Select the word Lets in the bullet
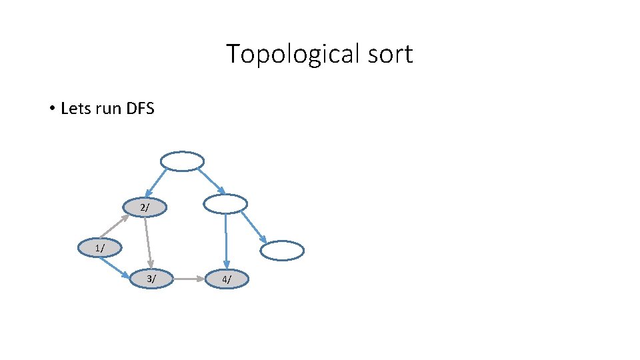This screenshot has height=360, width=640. (75, 108)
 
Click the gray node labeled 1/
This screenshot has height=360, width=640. (99, 247)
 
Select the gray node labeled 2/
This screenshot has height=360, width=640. (145, 207)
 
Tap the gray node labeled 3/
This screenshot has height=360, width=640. (152, 279)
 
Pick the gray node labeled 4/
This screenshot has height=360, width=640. (227, 279)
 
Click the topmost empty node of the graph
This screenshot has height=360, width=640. (182, 161)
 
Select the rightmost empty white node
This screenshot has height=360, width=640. (281, 251)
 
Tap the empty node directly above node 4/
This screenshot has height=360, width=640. (225, 204)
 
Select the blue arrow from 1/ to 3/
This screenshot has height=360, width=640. (113, 267)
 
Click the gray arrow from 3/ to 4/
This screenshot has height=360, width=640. (189, 279)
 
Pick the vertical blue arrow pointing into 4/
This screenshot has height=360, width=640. (226, 240)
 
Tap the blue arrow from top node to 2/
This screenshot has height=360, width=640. (157, 183)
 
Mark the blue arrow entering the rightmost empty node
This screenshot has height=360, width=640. (253, 227)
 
